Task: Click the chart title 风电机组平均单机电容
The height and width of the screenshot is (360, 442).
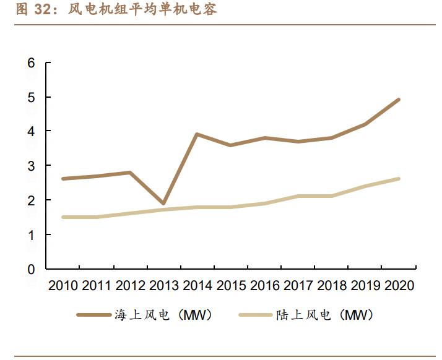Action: [x=136, y=9]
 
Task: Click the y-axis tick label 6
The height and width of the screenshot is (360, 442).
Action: [x=31, y=63]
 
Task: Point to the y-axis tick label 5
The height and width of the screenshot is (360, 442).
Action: [x=31, y=98]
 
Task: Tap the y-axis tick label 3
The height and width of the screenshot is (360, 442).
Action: [x=31, y=166]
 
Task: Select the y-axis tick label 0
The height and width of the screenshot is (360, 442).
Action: [x=31, y=270]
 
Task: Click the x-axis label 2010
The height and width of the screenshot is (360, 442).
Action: [x=63, y=286]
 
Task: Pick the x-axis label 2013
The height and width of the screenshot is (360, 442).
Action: [x=163, y=286]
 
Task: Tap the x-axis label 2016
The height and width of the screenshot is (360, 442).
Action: [x=264, y=286]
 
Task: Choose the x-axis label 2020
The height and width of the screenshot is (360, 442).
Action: [x=398, y=286]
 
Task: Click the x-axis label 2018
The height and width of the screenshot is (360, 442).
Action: [x=331, y=286]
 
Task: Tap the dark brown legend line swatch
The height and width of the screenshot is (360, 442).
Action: [x=93, y=315]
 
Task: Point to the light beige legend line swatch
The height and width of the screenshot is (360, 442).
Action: [x=255, y=315]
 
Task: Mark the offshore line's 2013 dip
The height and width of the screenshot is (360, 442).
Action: [x=163, y=204]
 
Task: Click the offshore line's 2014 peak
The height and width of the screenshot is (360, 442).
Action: [x=196, y=134]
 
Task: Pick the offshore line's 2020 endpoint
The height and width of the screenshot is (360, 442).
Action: [x=398, y=100]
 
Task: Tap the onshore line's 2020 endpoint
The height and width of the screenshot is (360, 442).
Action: [x=398, y=179]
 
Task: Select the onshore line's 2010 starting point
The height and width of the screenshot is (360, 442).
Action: [x=63, y=217]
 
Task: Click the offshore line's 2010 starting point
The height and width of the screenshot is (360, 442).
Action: [x=63, y=179]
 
